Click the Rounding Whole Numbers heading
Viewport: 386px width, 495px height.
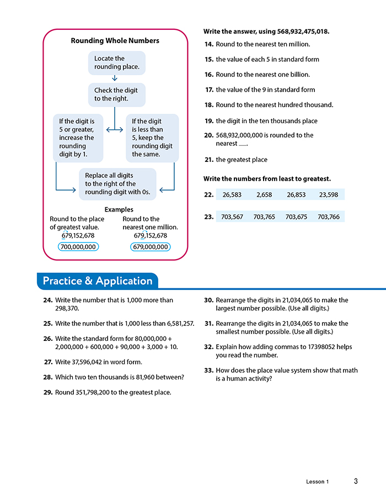pos(115,40)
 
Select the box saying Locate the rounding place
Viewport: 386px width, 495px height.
pos(116,63)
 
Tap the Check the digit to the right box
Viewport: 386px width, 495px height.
pos(116,94)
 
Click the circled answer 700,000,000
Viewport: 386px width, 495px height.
pos(78,247)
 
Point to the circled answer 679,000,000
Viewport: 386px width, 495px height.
pos(151,247)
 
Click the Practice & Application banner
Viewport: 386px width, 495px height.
pos(98,281)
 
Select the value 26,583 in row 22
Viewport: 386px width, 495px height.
pos(233,194)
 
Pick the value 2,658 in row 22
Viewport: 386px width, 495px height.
pos(265,194)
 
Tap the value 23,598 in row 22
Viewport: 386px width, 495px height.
pos(329,194)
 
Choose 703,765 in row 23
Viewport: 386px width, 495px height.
pos(264,217)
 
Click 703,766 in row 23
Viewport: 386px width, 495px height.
pos(329,217)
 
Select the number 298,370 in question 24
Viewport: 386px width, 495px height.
pos(68,309)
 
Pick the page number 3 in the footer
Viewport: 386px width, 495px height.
pos(356,481)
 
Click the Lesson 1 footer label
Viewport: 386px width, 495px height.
pos(317,482)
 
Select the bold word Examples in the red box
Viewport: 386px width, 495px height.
pos(119,209)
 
